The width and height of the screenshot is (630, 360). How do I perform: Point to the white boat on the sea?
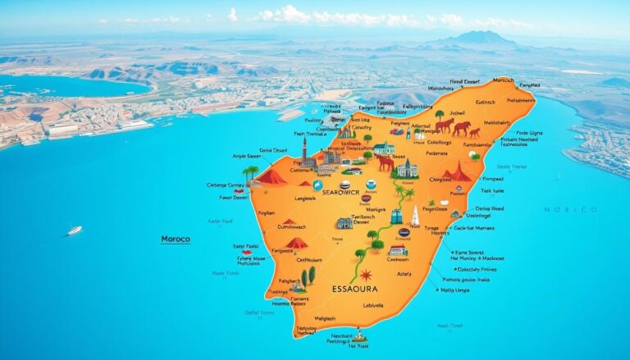pyautogui.click(x=75, y=230)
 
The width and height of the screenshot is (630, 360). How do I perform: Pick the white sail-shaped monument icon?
pyautogui.click(x=415, y=216)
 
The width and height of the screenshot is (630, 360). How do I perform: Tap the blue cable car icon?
pyautogui.click(x=397, y=216)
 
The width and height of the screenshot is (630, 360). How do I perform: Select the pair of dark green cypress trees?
pyautogui.click(x=308, y=276)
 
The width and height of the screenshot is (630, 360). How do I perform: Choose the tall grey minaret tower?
pyautogui.click(x=304, y=150)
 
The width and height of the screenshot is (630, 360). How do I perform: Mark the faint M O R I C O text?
pyautogui.click(x=570, y=210)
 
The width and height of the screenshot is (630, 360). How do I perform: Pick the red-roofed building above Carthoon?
pyautogui.click(x=398, y=251)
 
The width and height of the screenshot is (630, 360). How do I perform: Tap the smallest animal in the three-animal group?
pyautogui.click(x=475, y=132)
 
